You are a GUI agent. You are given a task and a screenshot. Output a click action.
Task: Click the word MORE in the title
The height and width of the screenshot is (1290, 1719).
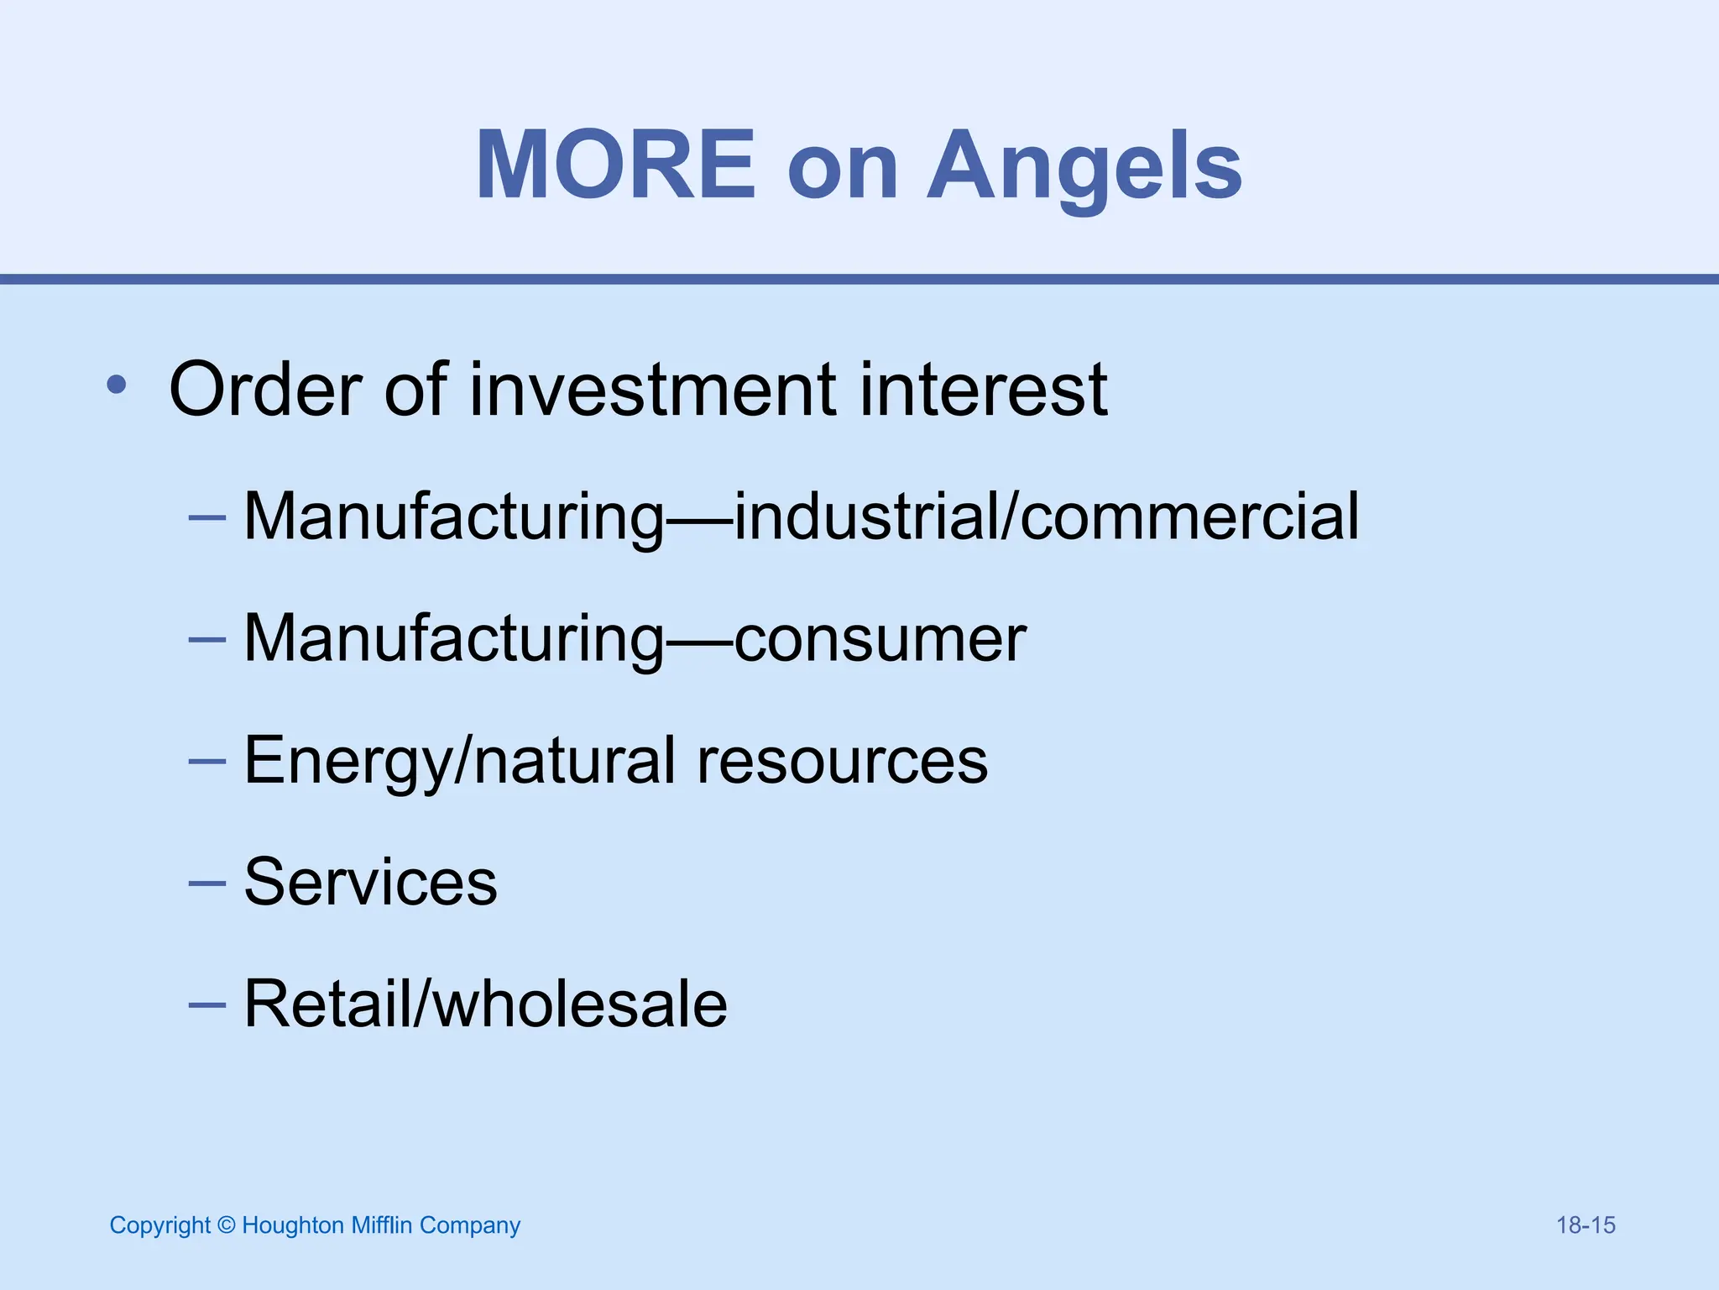pos(615,165)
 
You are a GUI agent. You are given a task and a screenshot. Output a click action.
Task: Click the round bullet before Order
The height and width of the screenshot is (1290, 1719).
pos(117,386)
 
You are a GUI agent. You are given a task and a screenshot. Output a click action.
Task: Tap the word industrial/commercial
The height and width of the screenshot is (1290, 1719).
pos(1047,516)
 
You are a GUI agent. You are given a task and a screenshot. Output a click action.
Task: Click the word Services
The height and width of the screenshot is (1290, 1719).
pos(370,882)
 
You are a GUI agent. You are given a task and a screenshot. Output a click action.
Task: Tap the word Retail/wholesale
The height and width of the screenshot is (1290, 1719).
pos(485,1004)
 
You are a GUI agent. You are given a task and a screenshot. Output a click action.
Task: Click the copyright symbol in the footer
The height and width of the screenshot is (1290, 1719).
pos(226,1225)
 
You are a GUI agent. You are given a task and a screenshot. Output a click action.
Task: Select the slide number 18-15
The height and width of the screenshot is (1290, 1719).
pos(1586,1225)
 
